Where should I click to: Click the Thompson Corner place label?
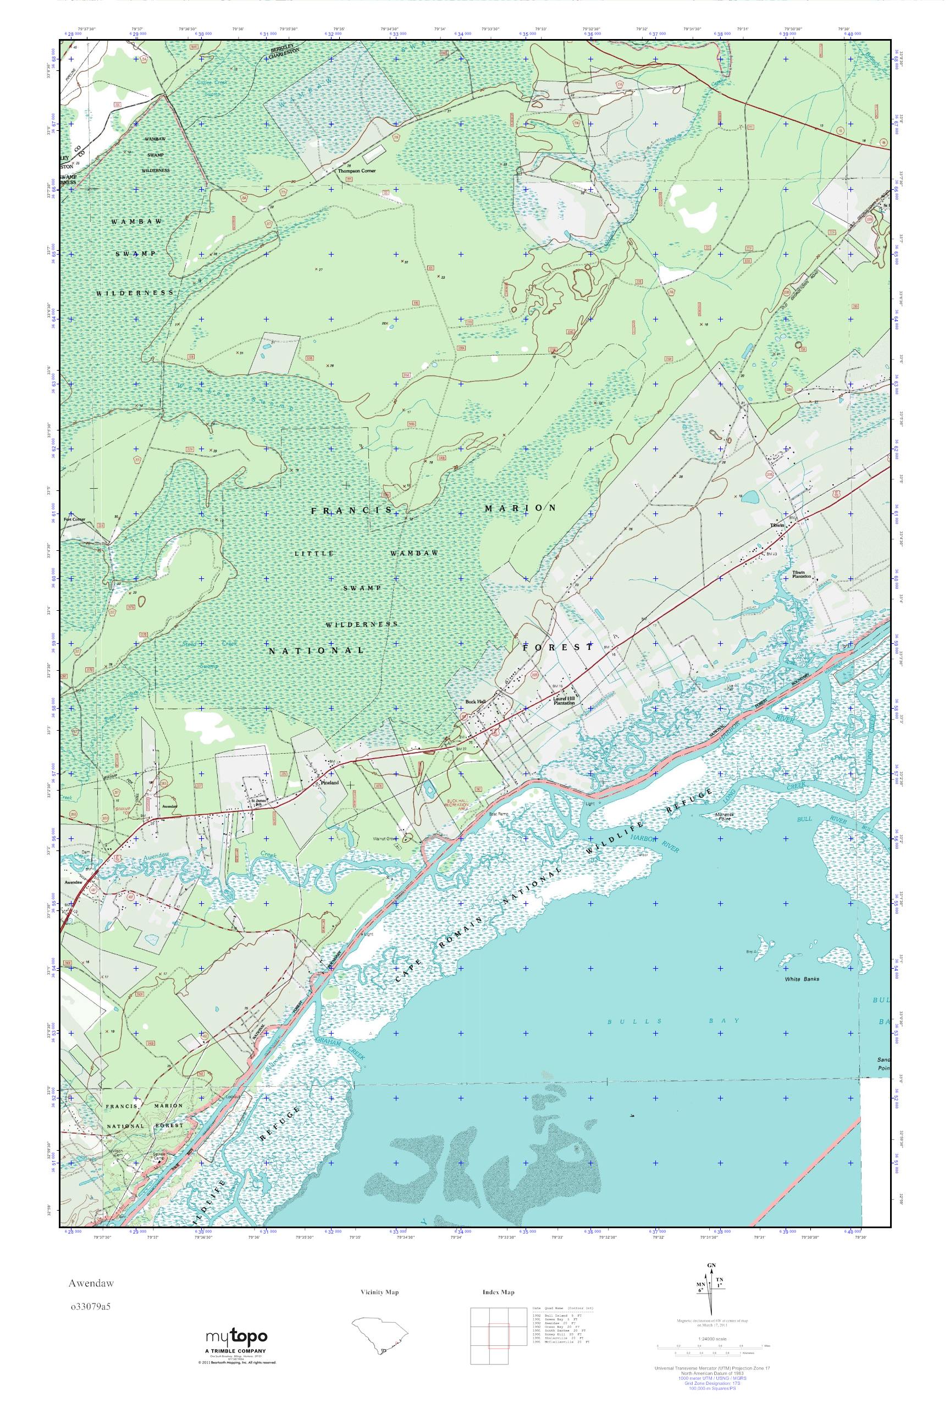pos(357,171)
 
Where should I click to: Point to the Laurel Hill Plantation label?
pos(564,700)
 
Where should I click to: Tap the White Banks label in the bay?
pos(802,979)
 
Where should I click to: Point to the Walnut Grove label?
pos(401,839)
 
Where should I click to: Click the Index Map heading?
pos(499,1293)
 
